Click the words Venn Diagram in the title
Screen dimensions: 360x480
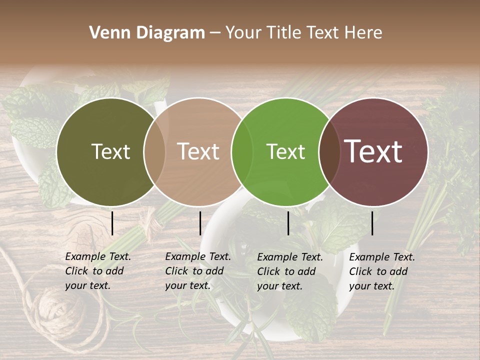pos(147,33)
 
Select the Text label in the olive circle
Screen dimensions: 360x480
pos(110,151)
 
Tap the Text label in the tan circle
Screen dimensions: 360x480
pos(198,151)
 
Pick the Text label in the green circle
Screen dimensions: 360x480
pos(285,151)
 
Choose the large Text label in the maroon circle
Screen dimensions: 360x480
pos(373,151)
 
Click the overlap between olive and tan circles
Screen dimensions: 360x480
pos(154,151)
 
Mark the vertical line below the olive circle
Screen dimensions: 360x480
pos(112,223)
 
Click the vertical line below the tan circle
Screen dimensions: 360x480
pos(200,223)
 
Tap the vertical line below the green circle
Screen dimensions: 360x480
pos(288,223)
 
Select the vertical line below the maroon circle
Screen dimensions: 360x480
pos(372,223)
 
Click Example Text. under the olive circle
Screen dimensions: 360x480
pos(98,256)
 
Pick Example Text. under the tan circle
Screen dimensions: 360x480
pos(198,256)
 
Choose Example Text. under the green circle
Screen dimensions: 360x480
pos(290,257)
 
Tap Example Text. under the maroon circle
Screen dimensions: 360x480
pos(382,257)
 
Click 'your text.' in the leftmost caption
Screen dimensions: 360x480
pos(87,286)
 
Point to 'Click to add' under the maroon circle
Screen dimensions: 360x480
pos(378,271)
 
